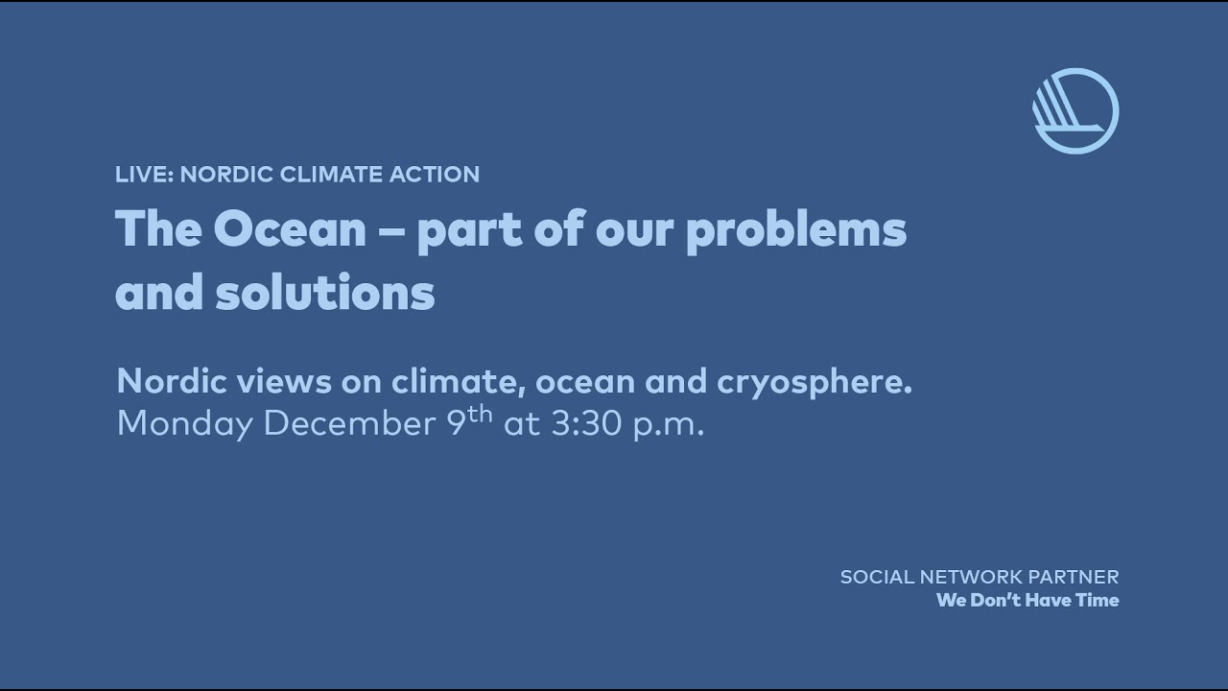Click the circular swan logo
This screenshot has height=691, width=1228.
click(1075, 110)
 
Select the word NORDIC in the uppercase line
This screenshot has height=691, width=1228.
click(226, 175)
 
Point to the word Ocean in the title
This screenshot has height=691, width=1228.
click(290, 230)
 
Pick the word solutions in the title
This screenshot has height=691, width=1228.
click(325, 293)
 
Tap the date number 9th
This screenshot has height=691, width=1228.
click(470, 419)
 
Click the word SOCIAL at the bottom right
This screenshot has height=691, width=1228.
click(875, 578)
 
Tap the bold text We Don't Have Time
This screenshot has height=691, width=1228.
click(1027, 601)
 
